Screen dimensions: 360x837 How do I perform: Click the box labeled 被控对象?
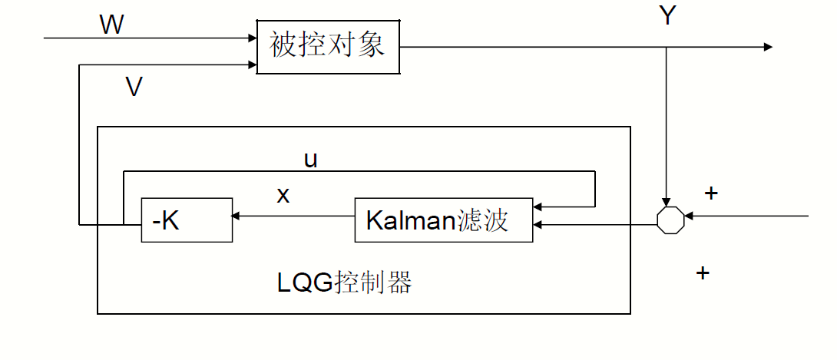[x=328, y=47]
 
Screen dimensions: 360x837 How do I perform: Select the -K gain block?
[x=187, y=220]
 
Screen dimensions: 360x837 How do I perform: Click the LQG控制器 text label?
[x=344, y=283]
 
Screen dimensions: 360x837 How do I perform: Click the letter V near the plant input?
[x=134, y=88]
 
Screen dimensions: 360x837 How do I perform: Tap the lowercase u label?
[x=311, y=159]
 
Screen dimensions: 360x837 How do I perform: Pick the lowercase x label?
[x=283, y=195]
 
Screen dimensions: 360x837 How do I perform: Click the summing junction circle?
[x=670, y=219]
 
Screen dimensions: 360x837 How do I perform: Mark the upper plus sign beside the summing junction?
[x=711, y=193]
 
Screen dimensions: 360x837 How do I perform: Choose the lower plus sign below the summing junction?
[x=702, y=272]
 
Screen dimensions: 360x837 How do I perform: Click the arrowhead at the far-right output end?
[x=767, y=47]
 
